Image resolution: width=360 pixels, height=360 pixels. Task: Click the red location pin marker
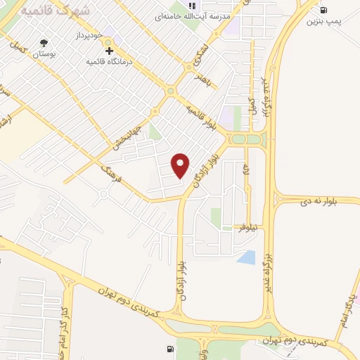[181, 166]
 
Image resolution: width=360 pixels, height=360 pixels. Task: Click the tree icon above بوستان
[45, 43]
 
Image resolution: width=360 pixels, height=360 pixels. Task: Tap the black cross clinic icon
[109, 51]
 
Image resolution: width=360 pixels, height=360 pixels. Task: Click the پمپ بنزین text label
[323, 22]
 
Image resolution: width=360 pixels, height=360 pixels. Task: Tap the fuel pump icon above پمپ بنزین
[323, 10]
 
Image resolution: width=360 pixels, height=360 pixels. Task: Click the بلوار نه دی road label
[312, 201]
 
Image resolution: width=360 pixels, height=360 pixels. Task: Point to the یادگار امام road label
[345, 309]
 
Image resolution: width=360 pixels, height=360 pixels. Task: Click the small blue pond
[246, 257]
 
